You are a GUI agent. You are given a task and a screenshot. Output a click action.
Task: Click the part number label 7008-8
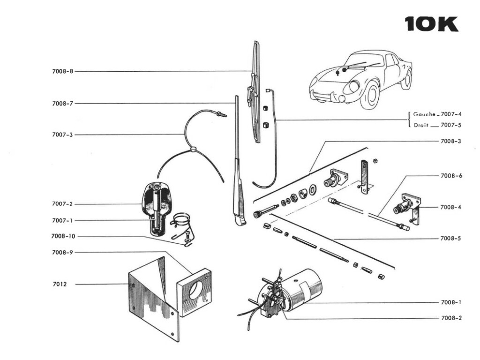[63, 71]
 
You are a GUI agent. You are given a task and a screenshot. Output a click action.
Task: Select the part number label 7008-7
[63, 104]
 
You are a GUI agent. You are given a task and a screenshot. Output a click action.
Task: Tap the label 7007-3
[63, 135]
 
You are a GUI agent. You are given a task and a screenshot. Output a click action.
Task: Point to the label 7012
[60, 284]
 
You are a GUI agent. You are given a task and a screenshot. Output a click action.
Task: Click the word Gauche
[424, 114]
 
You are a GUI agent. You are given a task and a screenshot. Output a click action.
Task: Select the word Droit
[421, 125]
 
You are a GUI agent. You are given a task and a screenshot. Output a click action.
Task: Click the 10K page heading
[432, 24]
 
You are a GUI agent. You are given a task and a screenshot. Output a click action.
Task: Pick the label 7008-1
[451, 302]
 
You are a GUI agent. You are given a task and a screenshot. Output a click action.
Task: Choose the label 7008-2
[451, 318]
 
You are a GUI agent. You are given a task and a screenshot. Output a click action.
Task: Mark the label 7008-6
[451, 176]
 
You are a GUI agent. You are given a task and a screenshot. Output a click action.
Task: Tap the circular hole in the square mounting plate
[196, 290]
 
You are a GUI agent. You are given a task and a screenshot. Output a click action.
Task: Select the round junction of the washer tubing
[193, 149]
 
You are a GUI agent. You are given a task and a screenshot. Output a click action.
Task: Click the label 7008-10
[63, 236]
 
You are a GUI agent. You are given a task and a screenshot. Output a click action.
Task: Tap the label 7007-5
[451, 125]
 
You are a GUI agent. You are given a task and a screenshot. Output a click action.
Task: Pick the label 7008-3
[450, 141]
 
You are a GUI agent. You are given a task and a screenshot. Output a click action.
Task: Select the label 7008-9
[63, 253]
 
